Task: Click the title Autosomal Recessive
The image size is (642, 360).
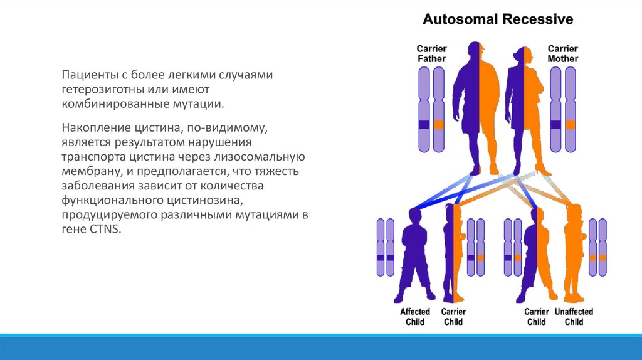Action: (x=498, y=19)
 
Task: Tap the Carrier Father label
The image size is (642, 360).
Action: (x=431, y=54)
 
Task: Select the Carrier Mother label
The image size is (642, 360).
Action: (x=563, y=54)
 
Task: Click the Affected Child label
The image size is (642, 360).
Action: (x=414, y=317)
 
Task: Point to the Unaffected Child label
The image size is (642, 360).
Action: (x=574, y=317)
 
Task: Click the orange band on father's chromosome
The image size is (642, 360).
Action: (x=439, y=125)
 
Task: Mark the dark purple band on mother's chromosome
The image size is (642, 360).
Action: (x=555, y=125)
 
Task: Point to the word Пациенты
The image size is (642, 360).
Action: (x=90, y=75)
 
